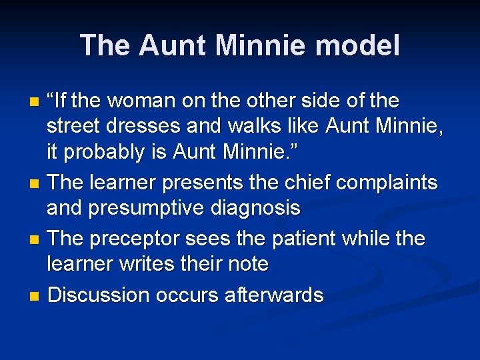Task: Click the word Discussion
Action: click(x=98, y=294)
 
